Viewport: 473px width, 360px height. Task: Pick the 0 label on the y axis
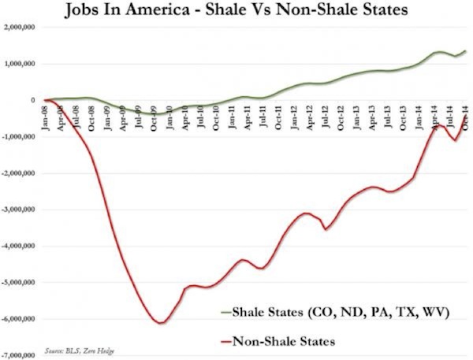coord(32,101)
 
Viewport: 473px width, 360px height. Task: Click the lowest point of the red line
coord(160,323)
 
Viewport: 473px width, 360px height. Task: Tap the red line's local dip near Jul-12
coord(326,229)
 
